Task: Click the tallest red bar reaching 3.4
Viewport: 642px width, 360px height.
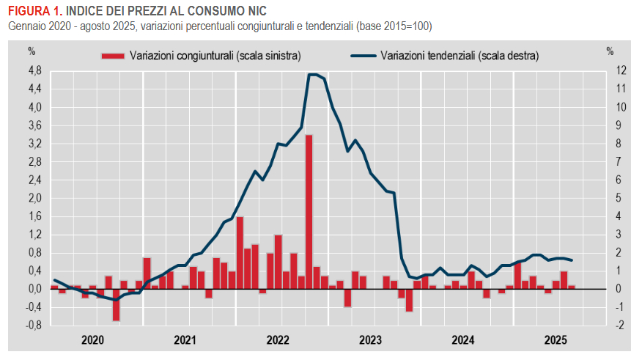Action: coord(309,212)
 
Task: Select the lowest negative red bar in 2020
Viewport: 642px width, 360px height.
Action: coord(116,304)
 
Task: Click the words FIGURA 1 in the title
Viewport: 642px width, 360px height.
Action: coord(32,10)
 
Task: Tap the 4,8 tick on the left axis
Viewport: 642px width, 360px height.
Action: coord(34,70)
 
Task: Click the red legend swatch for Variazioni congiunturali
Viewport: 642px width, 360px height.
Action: coord(113,56)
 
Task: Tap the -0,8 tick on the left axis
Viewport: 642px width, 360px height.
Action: coord(33,325)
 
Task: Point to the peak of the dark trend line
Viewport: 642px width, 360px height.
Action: coord(313,74)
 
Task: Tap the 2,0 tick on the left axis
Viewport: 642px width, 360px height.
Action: coord(34,198)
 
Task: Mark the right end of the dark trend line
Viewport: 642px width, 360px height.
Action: coord(572,260)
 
